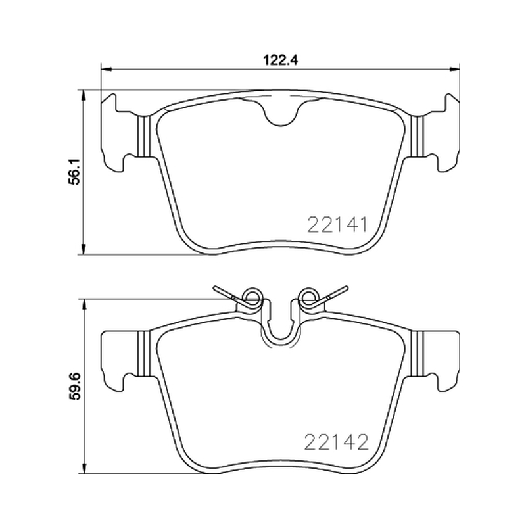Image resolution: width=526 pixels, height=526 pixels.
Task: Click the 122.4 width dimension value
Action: [280, 60]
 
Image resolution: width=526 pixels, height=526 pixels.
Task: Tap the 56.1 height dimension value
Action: [74, 172]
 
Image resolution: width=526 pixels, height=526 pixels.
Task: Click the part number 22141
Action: [337, 225]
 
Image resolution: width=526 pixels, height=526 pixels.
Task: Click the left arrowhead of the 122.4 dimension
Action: [106, 70]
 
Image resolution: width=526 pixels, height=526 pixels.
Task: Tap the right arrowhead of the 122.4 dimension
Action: [455, 70]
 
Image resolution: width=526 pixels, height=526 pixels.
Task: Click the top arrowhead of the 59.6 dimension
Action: [84, 304]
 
